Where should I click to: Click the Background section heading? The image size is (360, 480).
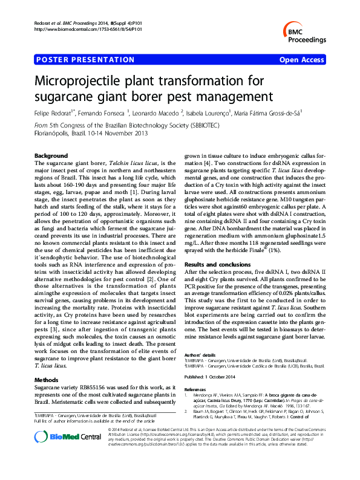[x=51, y=155]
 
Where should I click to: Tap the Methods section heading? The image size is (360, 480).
[x=48, y=380]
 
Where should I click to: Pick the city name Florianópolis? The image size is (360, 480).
[x=53, y=132]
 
